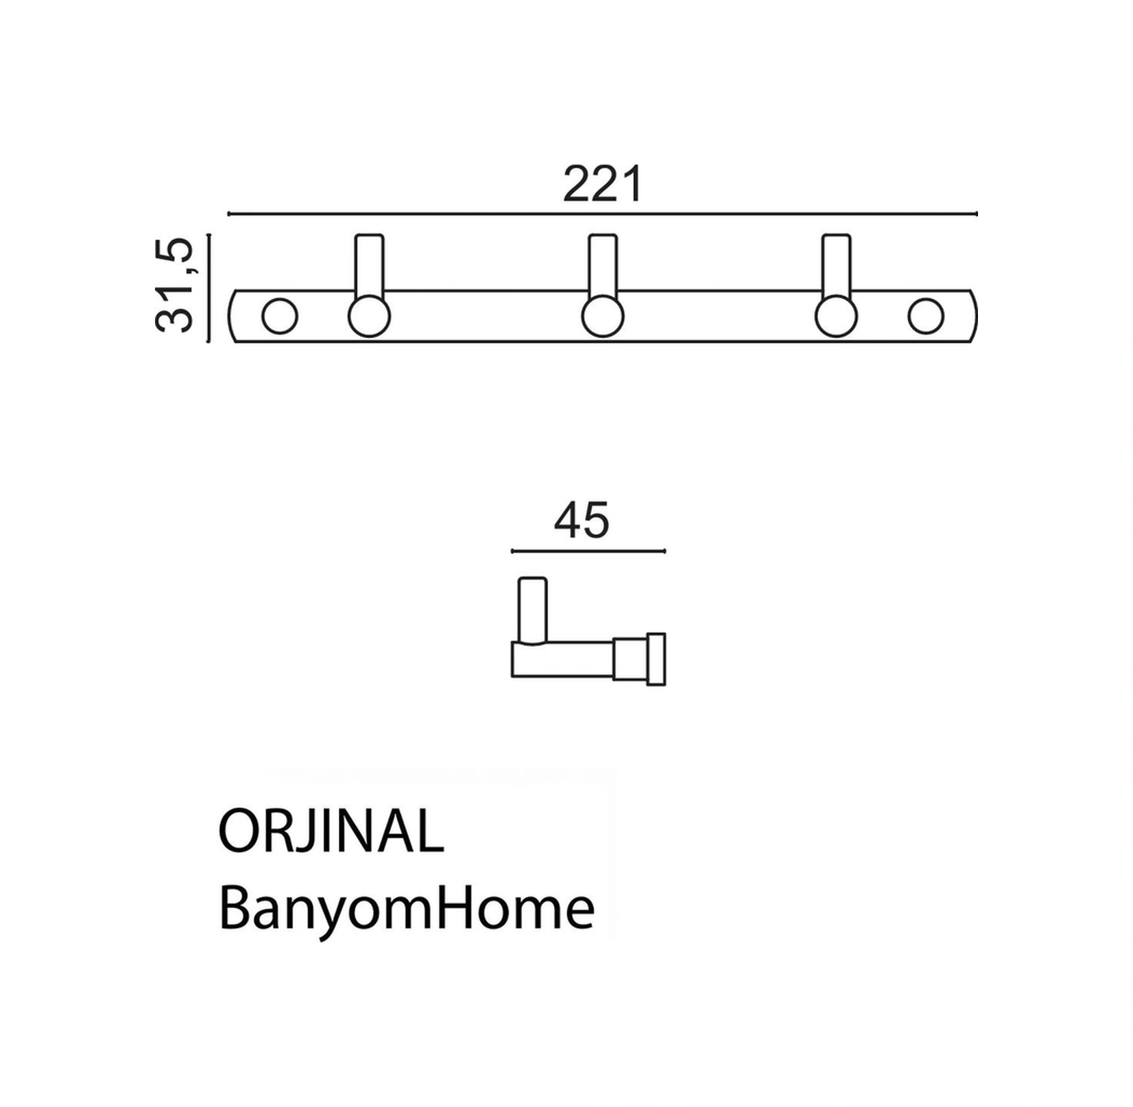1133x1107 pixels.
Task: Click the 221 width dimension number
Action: point(602,184)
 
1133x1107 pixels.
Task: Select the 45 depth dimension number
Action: point(581,520)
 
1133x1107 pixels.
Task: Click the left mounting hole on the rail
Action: point(280,317)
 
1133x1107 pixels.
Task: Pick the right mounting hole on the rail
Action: point(925,317)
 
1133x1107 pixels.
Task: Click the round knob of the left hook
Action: point(370,317)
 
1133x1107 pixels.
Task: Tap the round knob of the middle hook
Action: point(603,317)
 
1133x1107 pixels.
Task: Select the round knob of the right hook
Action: point(836,317)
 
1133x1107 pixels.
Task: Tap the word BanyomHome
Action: point(407,909)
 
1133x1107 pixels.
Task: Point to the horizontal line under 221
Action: point(602,214)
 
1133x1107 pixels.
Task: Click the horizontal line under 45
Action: point(588,551)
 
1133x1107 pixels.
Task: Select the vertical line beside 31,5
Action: point(209,287)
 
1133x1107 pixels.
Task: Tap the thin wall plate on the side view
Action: point(656,659)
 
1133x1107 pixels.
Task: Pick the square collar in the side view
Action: point(630,659)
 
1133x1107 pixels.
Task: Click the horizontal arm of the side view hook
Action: point(562,659)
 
